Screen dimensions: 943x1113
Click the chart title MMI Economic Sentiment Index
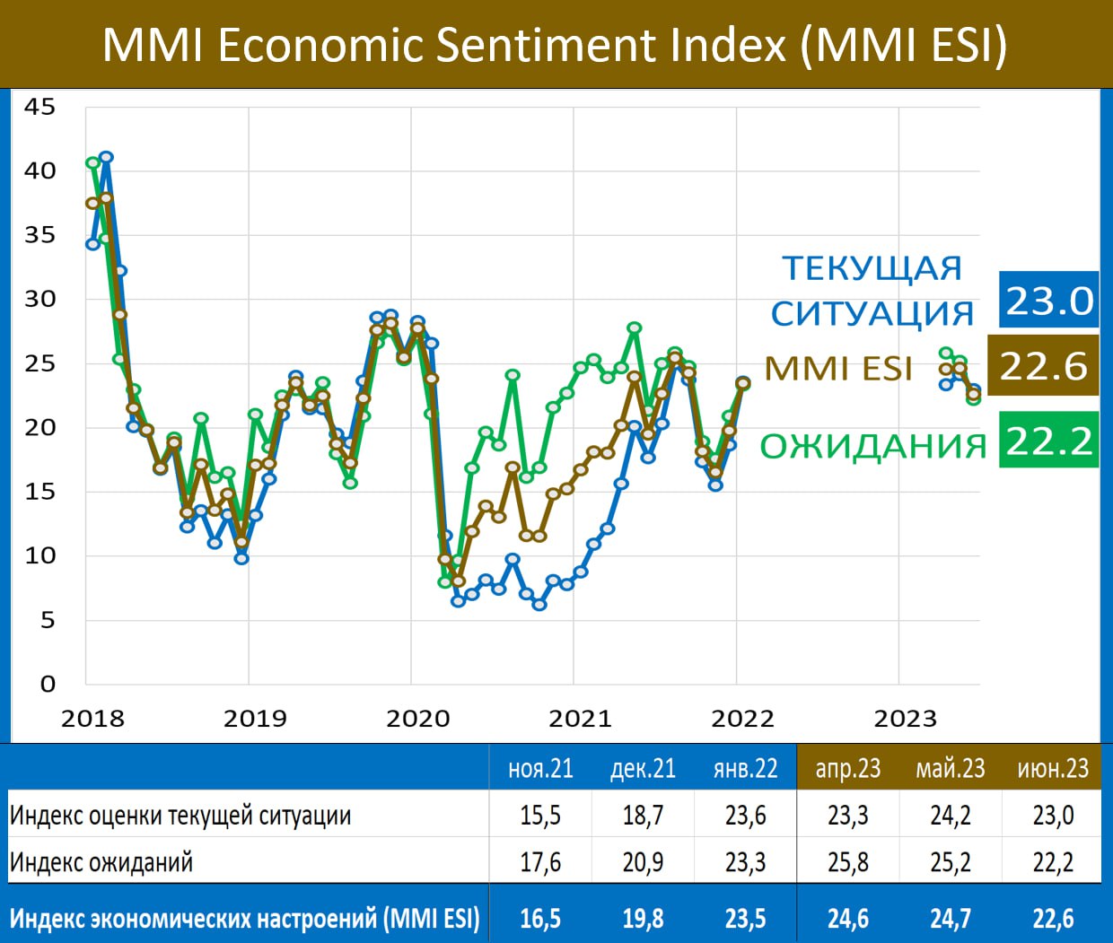pyautogui.click(x=555, y=45)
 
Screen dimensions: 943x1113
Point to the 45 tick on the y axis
pyautogui.click(x=39, y=107)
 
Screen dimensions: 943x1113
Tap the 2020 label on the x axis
pyautogui.click(x=417, y=719)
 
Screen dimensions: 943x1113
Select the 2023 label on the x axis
pyautogui.click(x=905, y=719)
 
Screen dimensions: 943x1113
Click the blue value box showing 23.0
pyautogui.click(x=1048, y=301)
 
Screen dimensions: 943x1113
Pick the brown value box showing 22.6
pyautogui.click(x=1043, y=366)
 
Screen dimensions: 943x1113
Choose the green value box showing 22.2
pyautogui.click(x=1048, y=441)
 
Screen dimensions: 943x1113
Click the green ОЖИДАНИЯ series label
pyautogui.click(x=872, y=446)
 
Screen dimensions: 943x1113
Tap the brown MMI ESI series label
pyautogui.click(x=838, y=369)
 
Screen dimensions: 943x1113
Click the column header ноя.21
pyautogui.click(x=540, y=769)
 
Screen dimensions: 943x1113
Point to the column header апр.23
pyautogui.click(x=847, y=769)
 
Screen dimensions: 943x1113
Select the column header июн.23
pyautogui.click(x=1052, y=769)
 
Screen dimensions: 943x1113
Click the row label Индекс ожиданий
pyautogui.click(x=101, y=862)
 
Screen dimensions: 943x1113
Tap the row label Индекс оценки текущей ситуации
pyautogui.click(x=180, y=816)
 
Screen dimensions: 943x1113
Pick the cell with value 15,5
pyautogui.click(x=540, y=816)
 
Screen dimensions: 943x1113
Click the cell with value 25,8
pyautogui.click(x=847, y=862)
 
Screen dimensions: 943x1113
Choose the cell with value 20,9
pyautogui.click(x=643, y=862)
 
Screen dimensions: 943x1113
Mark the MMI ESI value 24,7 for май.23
pyautogui.click(x=950, y=919)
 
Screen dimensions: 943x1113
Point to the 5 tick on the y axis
pyautogui.click(x=47, y=620)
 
